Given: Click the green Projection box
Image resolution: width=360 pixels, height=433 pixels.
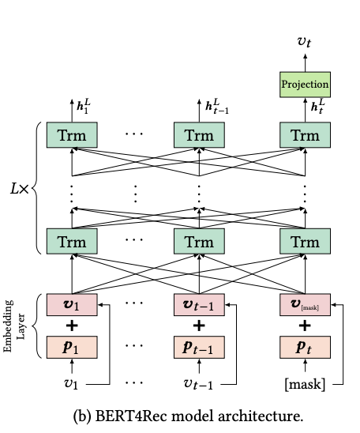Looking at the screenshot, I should [x=306, y=83].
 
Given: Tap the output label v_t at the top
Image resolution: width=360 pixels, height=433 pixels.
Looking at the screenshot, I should [x=305, y=42].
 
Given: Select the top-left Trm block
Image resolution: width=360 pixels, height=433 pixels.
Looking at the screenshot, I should [x=72, y=135].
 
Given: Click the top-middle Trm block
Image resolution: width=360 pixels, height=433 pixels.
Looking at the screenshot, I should [x=199, y=135].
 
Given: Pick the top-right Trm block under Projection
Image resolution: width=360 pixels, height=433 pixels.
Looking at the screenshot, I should [x=306, y=135].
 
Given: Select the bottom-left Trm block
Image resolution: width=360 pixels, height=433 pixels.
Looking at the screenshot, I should [x=72, y=240].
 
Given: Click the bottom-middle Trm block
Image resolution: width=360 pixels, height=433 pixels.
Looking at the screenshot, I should [x=199, y=240].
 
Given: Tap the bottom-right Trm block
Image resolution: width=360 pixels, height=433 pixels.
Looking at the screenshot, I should [x=306, y=240].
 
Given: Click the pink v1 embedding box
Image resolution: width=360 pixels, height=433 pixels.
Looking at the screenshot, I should [x=72, y=303].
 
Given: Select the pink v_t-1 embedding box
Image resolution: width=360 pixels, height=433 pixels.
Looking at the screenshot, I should [x=199, y=303].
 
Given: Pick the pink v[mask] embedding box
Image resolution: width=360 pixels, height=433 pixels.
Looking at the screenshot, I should [x=306, y=303].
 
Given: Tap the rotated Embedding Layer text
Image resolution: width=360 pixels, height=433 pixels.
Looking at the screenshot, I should [x=15, y=326].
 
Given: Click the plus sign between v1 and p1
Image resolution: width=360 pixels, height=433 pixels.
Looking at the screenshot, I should [x=72, y=326].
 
